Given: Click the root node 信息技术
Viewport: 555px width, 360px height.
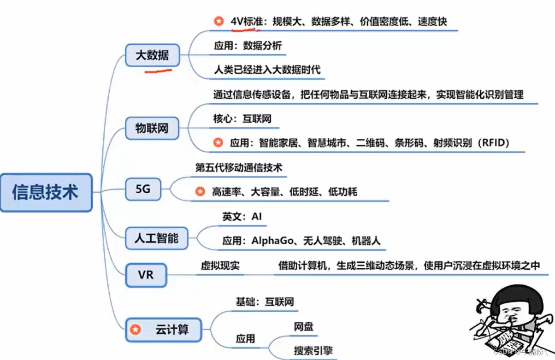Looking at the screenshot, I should click(x=46, y=193).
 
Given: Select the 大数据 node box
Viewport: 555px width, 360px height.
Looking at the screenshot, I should click(x=152, y=55).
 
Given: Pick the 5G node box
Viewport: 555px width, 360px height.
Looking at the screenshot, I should click(x=143, y=189).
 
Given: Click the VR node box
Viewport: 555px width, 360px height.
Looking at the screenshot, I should click(x=146, y=275).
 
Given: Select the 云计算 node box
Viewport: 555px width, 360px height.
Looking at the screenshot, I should click(x=164, y=330).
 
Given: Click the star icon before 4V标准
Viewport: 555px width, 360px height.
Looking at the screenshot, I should click(x=218, y=21).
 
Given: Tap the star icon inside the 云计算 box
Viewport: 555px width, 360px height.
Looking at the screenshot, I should click(x=136, y=330).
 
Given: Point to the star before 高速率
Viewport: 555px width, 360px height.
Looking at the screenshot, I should click(x=200, y=191).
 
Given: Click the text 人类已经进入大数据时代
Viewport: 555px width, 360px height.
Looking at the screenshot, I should click(x=267, y=70).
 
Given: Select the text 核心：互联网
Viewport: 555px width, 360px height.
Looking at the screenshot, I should click(x=242, y=119).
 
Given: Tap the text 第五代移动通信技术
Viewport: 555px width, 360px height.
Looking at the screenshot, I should click(x=239, y=168).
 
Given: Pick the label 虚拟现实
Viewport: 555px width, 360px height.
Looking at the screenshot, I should click(x=220, y=266).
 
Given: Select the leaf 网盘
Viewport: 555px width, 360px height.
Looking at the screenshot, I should click(x=303, y=327).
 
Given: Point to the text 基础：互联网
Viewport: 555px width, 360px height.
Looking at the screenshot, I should click(x=265, y=302).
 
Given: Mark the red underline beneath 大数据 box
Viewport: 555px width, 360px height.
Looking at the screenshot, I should click(x=158, y=71).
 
